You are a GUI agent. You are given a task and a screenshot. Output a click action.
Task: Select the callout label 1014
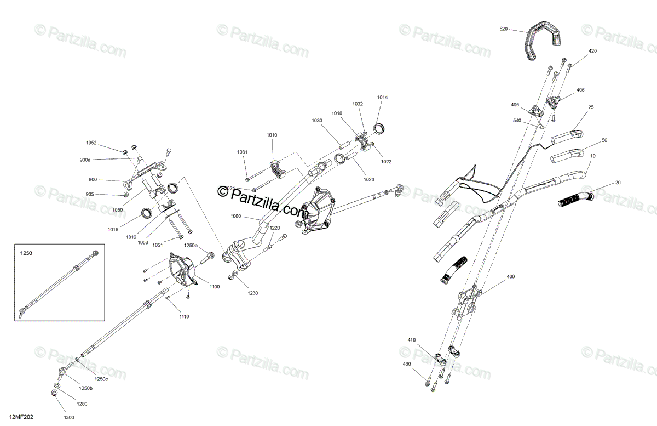[382, 98]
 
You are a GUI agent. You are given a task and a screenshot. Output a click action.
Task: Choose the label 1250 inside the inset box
[27, 254]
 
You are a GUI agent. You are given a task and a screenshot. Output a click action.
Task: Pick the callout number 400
[511, 276]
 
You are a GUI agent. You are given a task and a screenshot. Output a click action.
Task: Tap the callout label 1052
[91, 143]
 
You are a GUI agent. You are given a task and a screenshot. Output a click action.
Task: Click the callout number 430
[407, 363]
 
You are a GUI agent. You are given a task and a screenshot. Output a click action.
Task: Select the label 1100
[214, 287]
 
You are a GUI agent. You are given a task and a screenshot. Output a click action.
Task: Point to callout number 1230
[252, 293]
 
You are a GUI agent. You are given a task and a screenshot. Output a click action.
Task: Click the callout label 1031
[242, 152]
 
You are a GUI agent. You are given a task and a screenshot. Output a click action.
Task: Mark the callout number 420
[592, 51]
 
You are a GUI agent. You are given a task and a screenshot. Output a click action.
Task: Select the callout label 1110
[185, 316]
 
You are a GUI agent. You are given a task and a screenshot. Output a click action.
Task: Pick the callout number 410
[412, 340]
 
